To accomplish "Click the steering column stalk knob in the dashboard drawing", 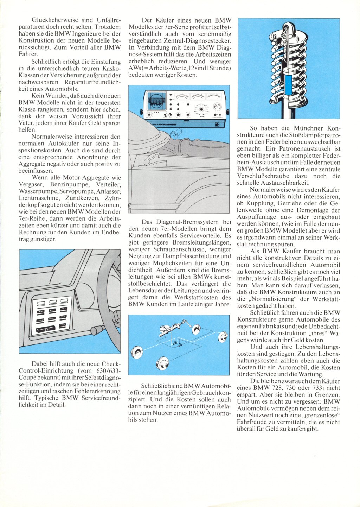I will (94, 330).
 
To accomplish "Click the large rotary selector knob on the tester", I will (202, 110).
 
